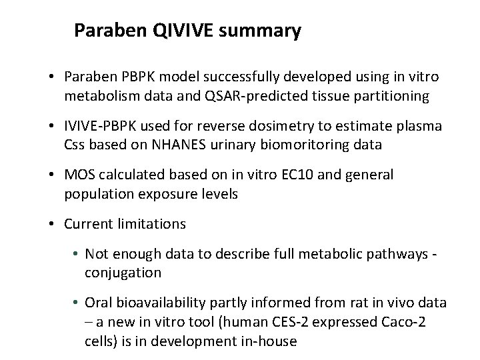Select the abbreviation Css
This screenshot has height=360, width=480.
(75, 144)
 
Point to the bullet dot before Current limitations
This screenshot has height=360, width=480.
(52, 224)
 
